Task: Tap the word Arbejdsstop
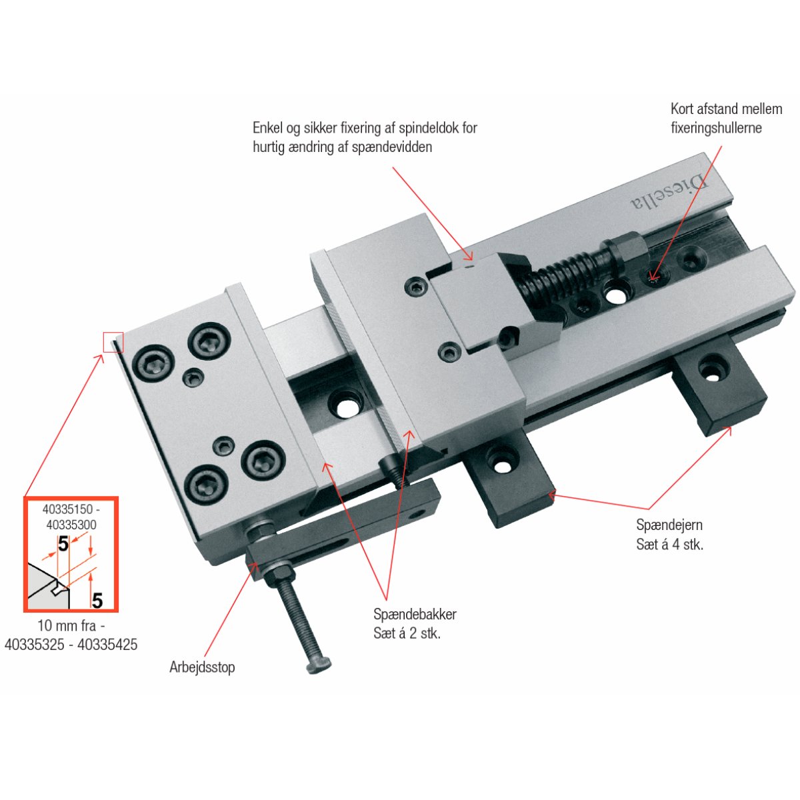click(x=202, y=667)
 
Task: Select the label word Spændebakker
click(x=415, y=615)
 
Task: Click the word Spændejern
click(x=669, y=525)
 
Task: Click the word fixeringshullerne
click(x=716, y=128)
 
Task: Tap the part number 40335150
click(x=68, y=509)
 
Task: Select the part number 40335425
click(x=107, y=644)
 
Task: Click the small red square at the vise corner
click(x=113, y=343)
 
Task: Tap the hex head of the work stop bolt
click(x=319, y=665)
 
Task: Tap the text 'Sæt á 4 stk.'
click(x=669, y=544)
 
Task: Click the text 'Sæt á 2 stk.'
click(x=407, y=633)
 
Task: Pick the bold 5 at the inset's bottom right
click(x=97, y=600)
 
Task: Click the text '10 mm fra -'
click(x=71, y=625)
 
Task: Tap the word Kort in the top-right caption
click(x=682, y=109)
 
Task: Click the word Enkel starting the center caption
click(x=268, y=128)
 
